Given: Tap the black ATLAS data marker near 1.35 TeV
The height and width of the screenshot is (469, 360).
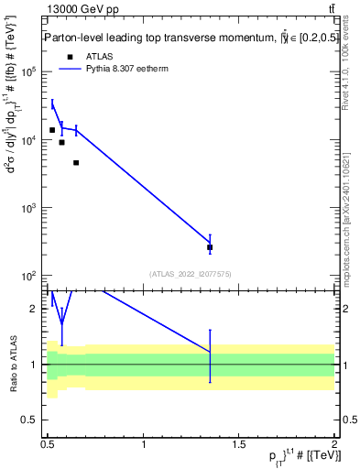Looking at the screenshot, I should (x=211, y=247).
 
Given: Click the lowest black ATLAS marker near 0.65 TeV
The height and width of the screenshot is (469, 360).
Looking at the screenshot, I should (x=76, y=163).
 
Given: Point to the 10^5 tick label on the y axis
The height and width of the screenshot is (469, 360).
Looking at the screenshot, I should (x=27, y=73).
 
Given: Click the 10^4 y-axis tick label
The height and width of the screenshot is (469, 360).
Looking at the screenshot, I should (x=27, y=141).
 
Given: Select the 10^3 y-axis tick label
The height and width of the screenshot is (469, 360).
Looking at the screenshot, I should (x=27, y=209).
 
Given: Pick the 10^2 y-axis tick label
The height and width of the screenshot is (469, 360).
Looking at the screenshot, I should (x=27, y=276).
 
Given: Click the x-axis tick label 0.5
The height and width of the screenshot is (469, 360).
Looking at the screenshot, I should (x=48, y=443).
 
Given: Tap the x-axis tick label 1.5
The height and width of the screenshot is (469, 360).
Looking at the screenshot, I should (x=239, y=443).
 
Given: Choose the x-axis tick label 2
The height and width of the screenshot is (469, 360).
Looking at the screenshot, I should (x=334, y=443).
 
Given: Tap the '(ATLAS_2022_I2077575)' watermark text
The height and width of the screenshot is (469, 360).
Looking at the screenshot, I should (x=191, y=273).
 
